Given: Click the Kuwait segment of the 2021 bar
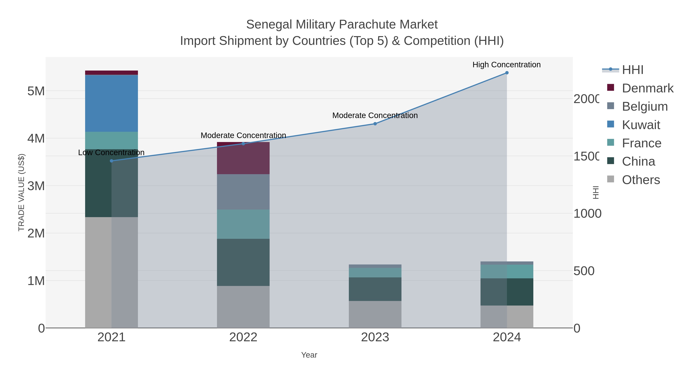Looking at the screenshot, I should click(x=111, y=103).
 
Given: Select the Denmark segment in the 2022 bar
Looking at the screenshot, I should click(x=243, y=158).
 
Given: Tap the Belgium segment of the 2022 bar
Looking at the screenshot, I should click(x=243, y=192).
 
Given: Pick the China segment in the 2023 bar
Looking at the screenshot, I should click(x=375, y=289).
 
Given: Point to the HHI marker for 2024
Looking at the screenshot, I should click(x=507, y=73).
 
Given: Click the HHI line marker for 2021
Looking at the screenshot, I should click(x=112, y=161).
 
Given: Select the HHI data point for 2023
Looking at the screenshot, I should click(x=375, y=124).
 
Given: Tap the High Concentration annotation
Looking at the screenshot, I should click(x=506, y=65).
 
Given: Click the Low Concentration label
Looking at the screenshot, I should click(x=111, y=152).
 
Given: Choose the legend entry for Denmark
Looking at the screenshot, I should click(x=647, y=88).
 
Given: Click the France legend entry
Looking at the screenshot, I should click(x=641, y=143).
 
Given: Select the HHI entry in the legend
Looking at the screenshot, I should click(x=633, y=70).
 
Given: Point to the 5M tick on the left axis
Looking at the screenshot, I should click(x=36, y=91).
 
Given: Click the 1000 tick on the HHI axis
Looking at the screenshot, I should click(x=587, y=214).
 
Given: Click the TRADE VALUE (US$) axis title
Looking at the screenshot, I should click(x=21, y=192).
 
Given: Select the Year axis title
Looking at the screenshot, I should click(x=309, y=355).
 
